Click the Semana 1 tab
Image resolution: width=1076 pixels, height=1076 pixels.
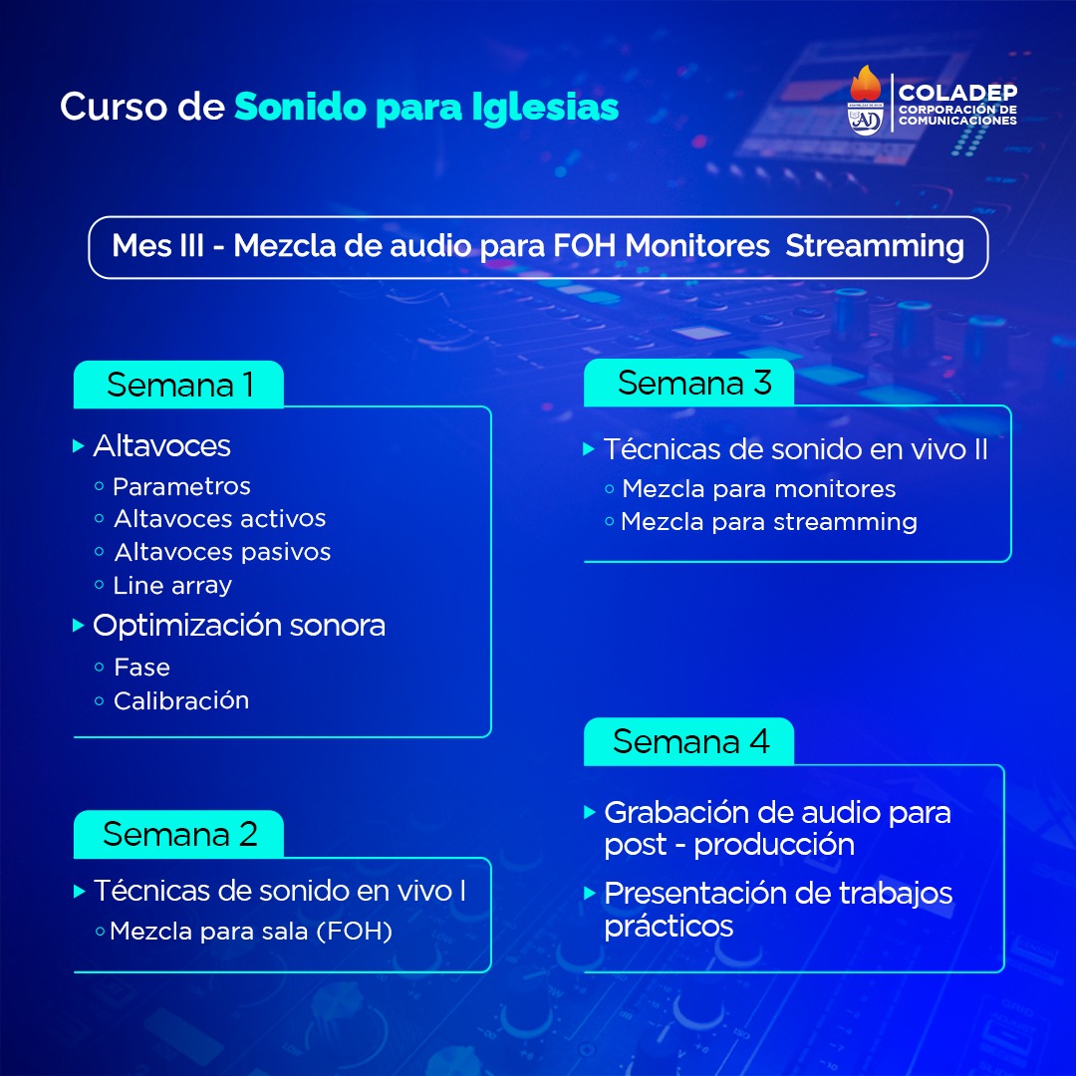(x=178, y=385)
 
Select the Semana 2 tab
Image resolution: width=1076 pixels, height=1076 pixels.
(x=178, y=834)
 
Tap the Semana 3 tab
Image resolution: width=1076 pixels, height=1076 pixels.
(x=689, y=383)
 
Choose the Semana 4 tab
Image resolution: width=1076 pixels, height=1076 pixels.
(x=689, y=741)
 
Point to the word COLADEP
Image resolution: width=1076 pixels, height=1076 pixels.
(x=958, y=92)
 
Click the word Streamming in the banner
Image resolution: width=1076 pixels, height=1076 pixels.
(x=875, y=246)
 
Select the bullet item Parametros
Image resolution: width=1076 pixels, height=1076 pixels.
(x=182, y=486)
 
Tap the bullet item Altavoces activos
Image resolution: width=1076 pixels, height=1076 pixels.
(x=219, y=519)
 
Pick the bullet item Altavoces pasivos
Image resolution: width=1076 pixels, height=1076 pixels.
(x=222, y=552)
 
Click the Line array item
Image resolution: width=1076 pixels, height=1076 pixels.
(x=172, y=586)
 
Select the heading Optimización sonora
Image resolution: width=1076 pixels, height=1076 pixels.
(x=239, y=625)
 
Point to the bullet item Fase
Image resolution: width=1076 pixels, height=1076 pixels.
(x=142, y=667)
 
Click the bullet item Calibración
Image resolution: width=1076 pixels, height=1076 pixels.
(x=181, y=700)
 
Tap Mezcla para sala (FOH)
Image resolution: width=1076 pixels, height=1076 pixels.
(x=251, y=932)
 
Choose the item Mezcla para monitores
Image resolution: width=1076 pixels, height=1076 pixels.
(x=759, y=488)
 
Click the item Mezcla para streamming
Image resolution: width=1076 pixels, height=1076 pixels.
(x=769, y=522)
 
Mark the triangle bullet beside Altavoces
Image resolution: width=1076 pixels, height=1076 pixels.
(x=79, y=446)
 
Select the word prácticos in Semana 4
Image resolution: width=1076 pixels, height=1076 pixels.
(x=669, y=927)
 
